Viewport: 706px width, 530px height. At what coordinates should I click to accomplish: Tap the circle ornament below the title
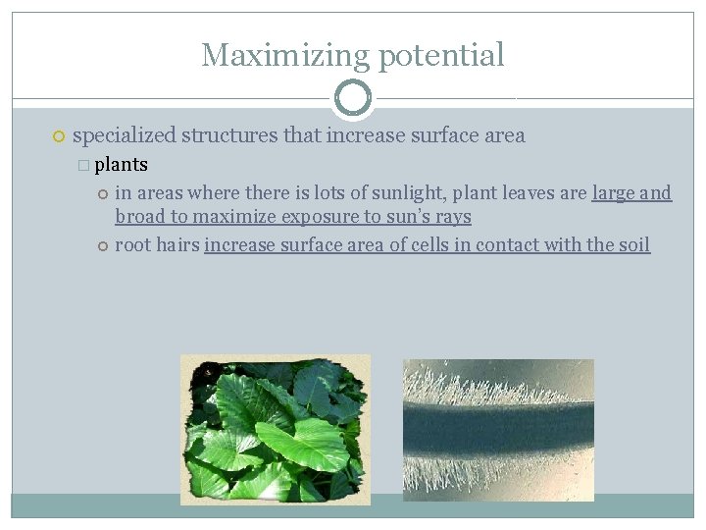point(353,98)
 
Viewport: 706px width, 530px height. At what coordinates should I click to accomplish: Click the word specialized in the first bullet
point(124,135)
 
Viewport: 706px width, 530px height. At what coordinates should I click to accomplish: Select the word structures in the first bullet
point(228,135)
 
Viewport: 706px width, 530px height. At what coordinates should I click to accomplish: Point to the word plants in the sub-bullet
point(121,164)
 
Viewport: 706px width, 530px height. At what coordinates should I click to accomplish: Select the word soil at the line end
point(633,244)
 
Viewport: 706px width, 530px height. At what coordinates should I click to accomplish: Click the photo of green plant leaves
point(276,430)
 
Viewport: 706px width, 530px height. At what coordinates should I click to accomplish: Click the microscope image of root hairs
point(498,430)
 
